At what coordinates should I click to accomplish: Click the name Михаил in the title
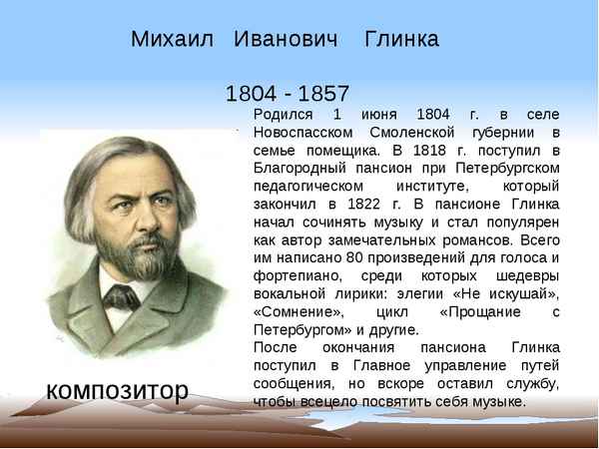click(172, 40)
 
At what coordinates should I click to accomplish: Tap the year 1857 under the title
click(318, 95)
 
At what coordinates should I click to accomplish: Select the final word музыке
click(493, 402)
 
